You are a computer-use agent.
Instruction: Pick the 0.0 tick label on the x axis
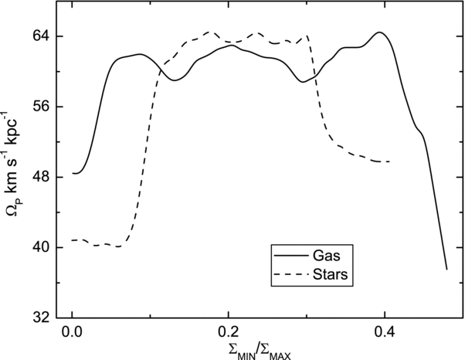click(72, 332)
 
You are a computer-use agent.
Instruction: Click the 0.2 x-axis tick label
click(228, 332)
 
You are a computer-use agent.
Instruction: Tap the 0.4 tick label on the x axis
click(385, 332)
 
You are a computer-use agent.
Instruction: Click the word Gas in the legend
click(326, 256)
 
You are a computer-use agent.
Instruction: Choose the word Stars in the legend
click(330, 274)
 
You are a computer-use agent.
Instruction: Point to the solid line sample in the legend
click(291, 255)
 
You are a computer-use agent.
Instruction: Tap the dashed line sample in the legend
click(291, 274)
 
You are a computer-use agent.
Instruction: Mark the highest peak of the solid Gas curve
click(379, 32)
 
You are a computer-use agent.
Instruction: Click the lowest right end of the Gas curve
click(447, 270)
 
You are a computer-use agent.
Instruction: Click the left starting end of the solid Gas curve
click(73, 174)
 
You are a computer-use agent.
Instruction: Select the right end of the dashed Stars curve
click(389, 161)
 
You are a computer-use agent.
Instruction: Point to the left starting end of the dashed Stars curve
click(73, 240)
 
